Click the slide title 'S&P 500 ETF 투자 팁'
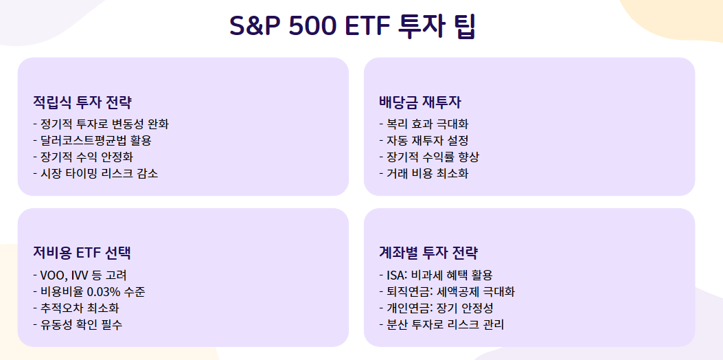click(353, 27)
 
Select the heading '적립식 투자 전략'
click(82, 102)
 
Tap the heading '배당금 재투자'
click(420, 102)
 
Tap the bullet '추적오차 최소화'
click(82, 308)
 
